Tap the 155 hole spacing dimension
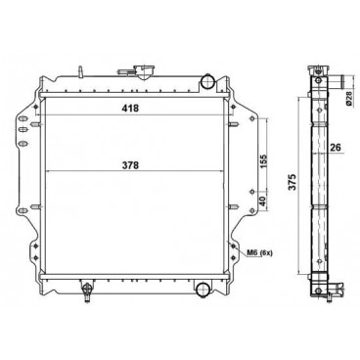click(x=265, y=159)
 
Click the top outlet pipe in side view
click(x=332, y=81)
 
